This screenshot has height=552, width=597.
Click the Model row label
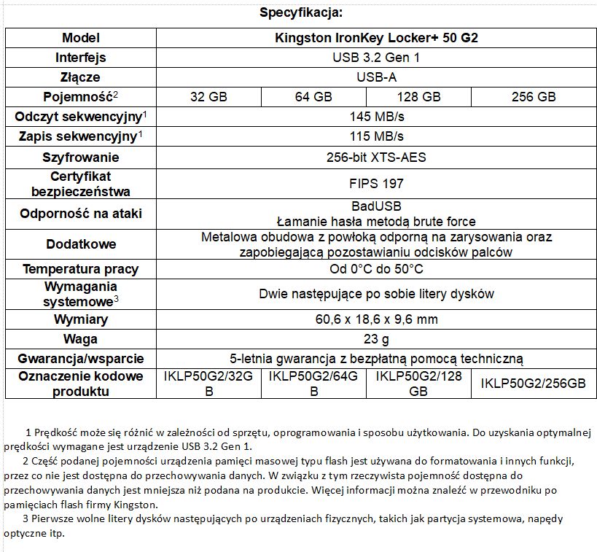click(x=81, y=38)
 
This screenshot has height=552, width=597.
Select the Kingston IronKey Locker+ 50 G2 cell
click(x=376, y=38)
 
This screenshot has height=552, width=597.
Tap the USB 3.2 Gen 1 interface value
click(x=376, y=58)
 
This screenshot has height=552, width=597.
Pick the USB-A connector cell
click(x=376, y=77)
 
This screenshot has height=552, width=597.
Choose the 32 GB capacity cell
click(x=208, y=96)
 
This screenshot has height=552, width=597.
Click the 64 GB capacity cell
click(x=313, y=96)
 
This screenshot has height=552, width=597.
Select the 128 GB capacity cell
click(x=418, y=96)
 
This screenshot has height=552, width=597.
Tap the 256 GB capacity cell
click(x=534, y=96)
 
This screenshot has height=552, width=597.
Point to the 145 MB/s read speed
click(x=376, y=116)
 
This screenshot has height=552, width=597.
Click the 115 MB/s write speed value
click(x=376, y=136)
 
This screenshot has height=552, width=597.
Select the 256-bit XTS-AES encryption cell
click(x=376, y=157)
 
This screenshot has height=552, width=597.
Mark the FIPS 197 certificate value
click(x=376, y=184)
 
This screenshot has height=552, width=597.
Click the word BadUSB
click(x=376, y=206)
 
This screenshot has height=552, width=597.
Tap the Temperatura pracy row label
click(x=81, y=269)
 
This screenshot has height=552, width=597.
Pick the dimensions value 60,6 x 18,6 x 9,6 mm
click(x=376, y=319)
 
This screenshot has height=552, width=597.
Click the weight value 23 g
click(x=376, y=339)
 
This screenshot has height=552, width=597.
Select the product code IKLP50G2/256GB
click(x=534, y=384)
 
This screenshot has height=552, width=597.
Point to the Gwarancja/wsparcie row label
click(x=81, y=359)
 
